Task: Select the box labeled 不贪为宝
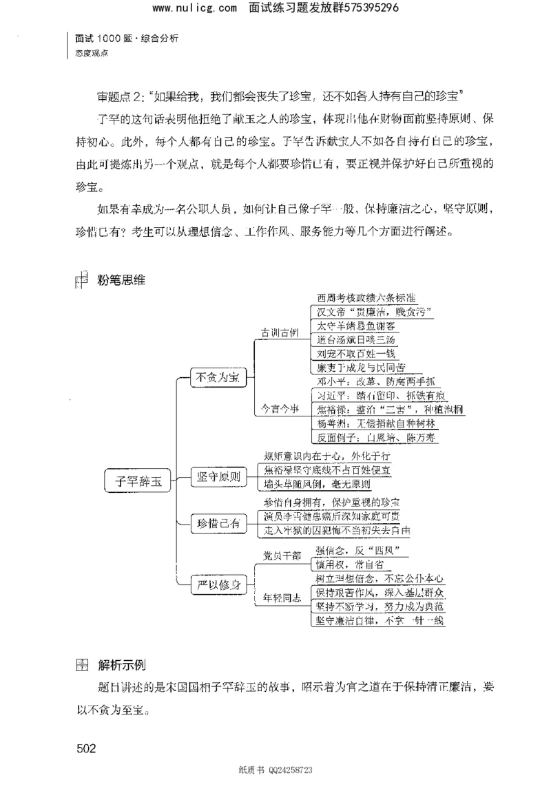pyautogui.click(x=217, y=378)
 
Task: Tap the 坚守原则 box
pyautogui.click(x=218, y=476)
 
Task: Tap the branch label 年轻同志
pyautogui.click(x=282, y=599)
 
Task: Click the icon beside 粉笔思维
pyautogui.click(x=81, y=279)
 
